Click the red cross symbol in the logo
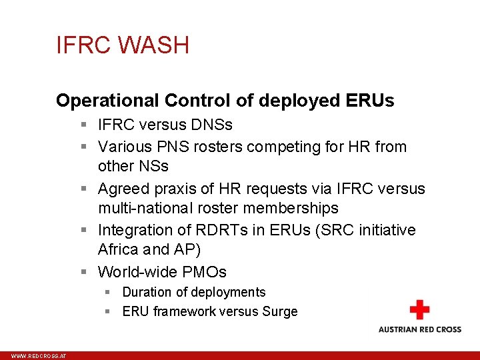[x=419, y=310]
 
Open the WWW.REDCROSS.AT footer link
[x=39, y=357]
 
